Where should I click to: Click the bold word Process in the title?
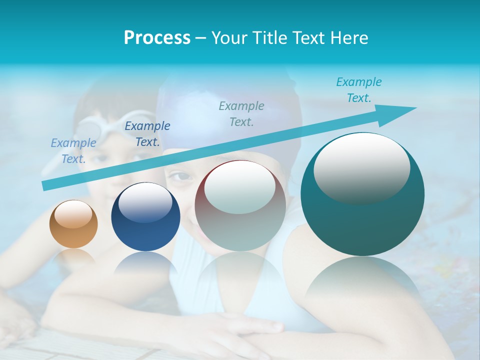coord(157,38)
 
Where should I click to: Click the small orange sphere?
coord(73,224)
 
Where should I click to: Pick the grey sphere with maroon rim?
coord(240,206)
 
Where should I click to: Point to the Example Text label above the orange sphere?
coord(73,151)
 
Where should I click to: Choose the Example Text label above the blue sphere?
coord(147,134)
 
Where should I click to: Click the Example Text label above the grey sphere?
coord(241,114)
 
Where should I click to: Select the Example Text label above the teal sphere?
coord(359,90)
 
